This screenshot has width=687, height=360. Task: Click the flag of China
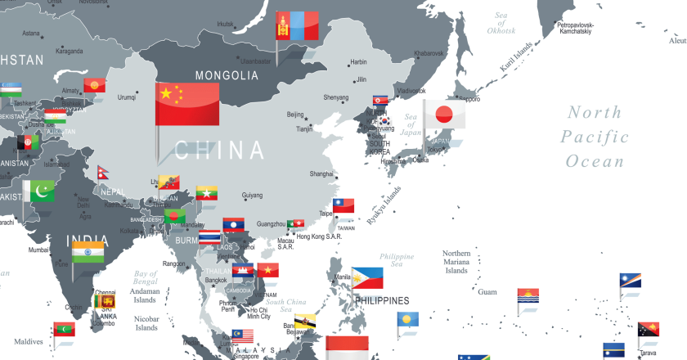pyautogui.click(x=187, y=104)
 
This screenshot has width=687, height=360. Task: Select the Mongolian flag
pyautogui.click(x=296, y=26)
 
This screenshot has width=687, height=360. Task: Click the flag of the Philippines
pyautogui.click(x=367, y=278)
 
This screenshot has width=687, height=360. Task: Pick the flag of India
pyautogui.click(x=88, y=251)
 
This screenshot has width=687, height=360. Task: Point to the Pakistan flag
pyautogui.click(x=38, y=192)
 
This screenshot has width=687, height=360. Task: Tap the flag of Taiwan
pyautogui.click(x=343, y=206)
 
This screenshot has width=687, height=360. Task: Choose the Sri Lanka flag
pyautogui.click(x=105, y=302)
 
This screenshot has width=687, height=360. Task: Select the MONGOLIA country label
pyautogui.click(x=227, y=75)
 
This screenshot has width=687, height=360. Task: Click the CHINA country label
pyautogui.click(x=220, y=150)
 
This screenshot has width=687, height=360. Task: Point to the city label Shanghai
pyautogui.click(x=321, y=173)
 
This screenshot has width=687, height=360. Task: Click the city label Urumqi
pyautogui.click(x=127, y=97)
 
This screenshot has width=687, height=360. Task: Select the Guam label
pyautogui.click(x=487, y=291)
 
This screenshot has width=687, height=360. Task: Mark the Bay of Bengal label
pyautogui.click(x=146, y=278)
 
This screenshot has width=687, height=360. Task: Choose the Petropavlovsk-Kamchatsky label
pyautogui.click(x=586, y=29)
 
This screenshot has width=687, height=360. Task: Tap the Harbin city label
pyautogui.click(x=358, y=62)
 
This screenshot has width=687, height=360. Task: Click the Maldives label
pyautogui.click(x=28, y=341)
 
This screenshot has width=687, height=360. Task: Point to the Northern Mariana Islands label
pyautogui.click(x=456, y=262)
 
